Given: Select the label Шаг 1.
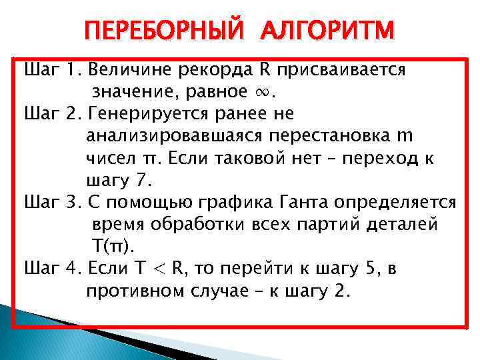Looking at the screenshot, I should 52,69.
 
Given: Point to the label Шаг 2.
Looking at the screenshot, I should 52,114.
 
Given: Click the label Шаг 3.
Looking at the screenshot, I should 52,202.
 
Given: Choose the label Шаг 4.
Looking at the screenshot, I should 52,268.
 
